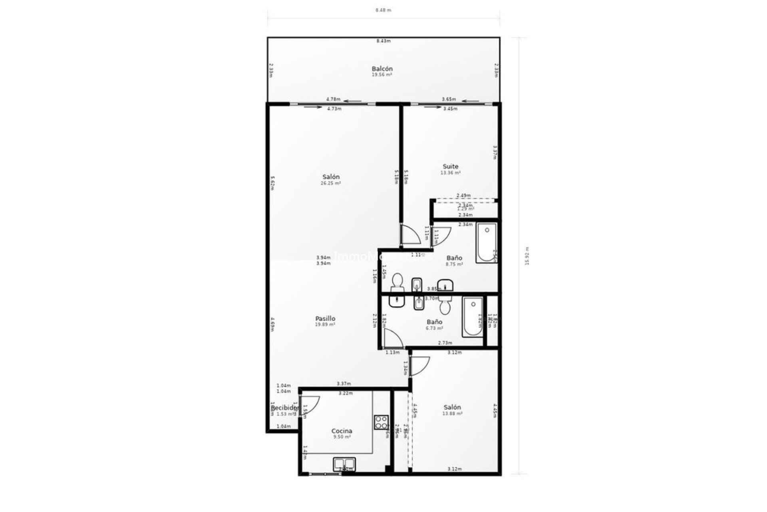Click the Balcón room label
pyautogui.click(x=382, y=69)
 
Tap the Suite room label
pyautogui.click(x=450, y=166)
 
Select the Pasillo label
pyautogui.click(x=325, y=318)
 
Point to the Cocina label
pyautogui.click(x=342, y=431)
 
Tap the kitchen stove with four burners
pyautogui.click(x=381, y=422)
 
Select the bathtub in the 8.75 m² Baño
pyautogui.click(x=487, y=243)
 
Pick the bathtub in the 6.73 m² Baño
pyautogui.click(x=473, y=317)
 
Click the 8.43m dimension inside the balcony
pyautogui.click(x=383, y=41)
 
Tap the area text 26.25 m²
pyautogui.click(x=331, y=183)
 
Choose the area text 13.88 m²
pyautogui.click(x=452, y=414)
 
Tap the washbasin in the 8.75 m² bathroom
pyautogui.click(x=445, y=285)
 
